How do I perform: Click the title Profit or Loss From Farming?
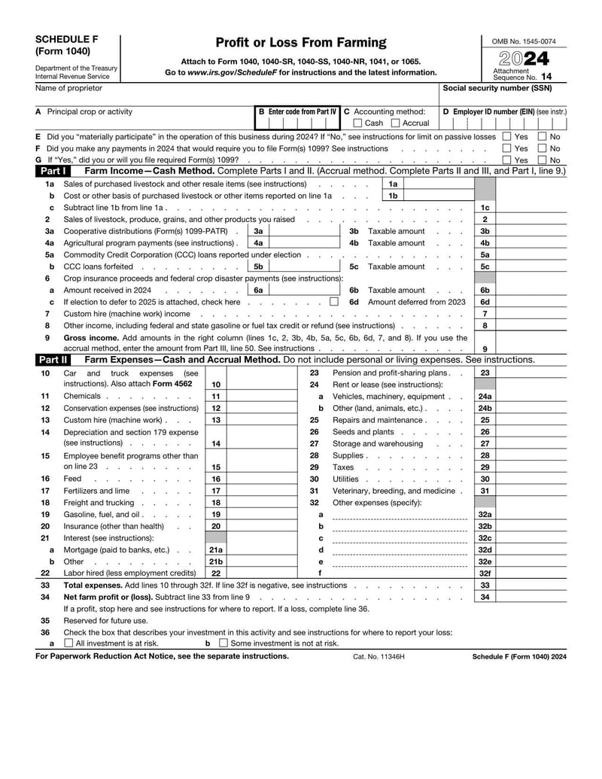pos(300,43)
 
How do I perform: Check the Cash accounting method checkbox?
pos(358,123)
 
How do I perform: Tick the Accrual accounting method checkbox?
pos(396,123)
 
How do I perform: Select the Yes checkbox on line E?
pos(506,137)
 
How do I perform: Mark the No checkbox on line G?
pos(542,160)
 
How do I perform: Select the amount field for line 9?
pos(531,348)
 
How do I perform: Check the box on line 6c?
pos(333,302)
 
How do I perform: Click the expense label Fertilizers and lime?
pos(96,491)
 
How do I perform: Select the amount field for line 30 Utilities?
pos(531,479)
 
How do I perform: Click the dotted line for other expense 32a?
pos(399,516)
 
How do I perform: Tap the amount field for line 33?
pos(531,585)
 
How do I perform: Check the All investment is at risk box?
pos(69,644)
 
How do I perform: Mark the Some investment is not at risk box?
pos(223,644)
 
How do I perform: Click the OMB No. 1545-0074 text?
pos(524,41)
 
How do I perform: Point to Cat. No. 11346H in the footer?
pos(379,657)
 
